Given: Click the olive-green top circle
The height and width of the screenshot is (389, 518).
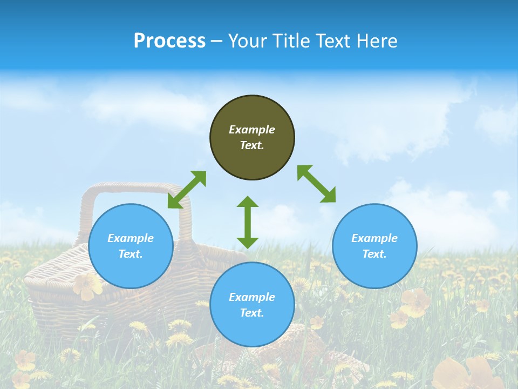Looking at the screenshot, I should coord(252,138).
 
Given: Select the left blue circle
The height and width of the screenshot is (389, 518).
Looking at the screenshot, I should coord(131,246).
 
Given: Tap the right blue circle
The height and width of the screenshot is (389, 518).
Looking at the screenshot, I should coord(374,246).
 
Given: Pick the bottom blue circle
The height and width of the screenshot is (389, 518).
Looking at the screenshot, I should coord(252,305).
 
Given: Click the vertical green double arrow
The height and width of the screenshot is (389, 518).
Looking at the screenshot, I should coord(248,222).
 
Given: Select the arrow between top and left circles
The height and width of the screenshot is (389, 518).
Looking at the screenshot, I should coord(187,190).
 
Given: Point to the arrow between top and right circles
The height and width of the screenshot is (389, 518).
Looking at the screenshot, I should coord(317,184).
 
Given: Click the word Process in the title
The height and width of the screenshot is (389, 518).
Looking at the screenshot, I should coord(169,41).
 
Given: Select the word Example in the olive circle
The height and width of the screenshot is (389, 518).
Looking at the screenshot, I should coord(252,130).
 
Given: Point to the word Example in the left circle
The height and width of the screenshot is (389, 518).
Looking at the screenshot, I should coord(131,238).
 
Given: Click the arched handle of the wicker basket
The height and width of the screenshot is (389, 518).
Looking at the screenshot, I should coord(135,189).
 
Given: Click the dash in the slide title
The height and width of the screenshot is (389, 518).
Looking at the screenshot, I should coord(217,41).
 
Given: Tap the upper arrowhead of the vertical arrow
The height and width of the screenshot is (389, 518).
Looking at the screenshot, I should coord(248,202).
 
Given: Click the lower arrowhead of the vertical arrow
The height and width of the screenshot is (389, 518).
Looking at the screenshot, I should coord(248,242).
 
